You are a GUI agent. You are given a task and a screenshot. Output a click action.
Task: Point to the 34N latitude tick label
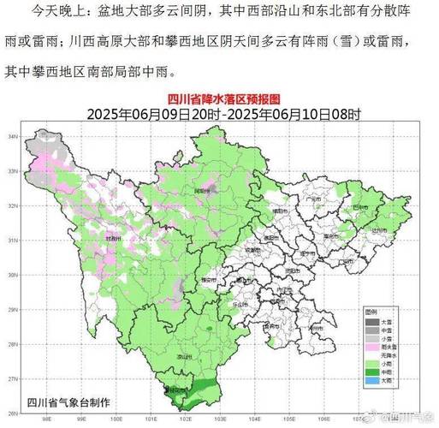click(x=26, y=136)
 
